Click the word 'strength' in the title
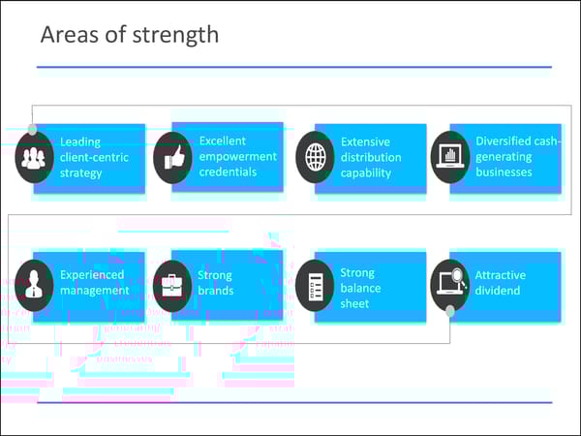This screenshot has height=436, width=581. (178, 36)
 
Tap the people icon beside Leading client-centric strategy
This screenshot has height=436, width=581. (35, 157)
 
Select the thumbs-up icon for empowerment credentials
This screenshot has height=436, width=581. (173, 157)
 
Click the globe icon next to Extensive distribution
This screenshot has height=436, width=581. (315, 157)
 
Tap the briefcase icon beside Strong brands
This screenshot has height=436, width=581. (173, 285)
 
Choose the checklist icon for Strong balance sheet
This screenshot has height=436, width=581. (315, 285)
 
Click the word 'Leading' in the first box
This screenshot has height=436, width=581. (80, 141)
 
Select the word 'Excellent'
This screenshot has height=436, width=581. (223, 140)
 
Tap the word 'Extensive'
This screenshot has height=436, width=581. (365, 141)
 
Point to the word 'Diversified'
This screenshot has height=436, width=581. (503, 140)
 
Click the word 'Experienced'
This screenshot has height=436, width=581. (92, 274)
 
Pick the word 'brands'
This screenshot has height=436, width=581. (215, 290)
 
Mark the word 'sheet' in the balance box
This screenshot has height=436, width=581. (353, 303)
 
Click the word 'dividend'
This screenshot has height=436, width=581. (497, 290)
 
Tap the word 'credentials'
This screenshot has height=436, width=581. (229, 171)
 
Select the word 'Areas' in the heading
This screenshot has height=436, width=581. (67, 36)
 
